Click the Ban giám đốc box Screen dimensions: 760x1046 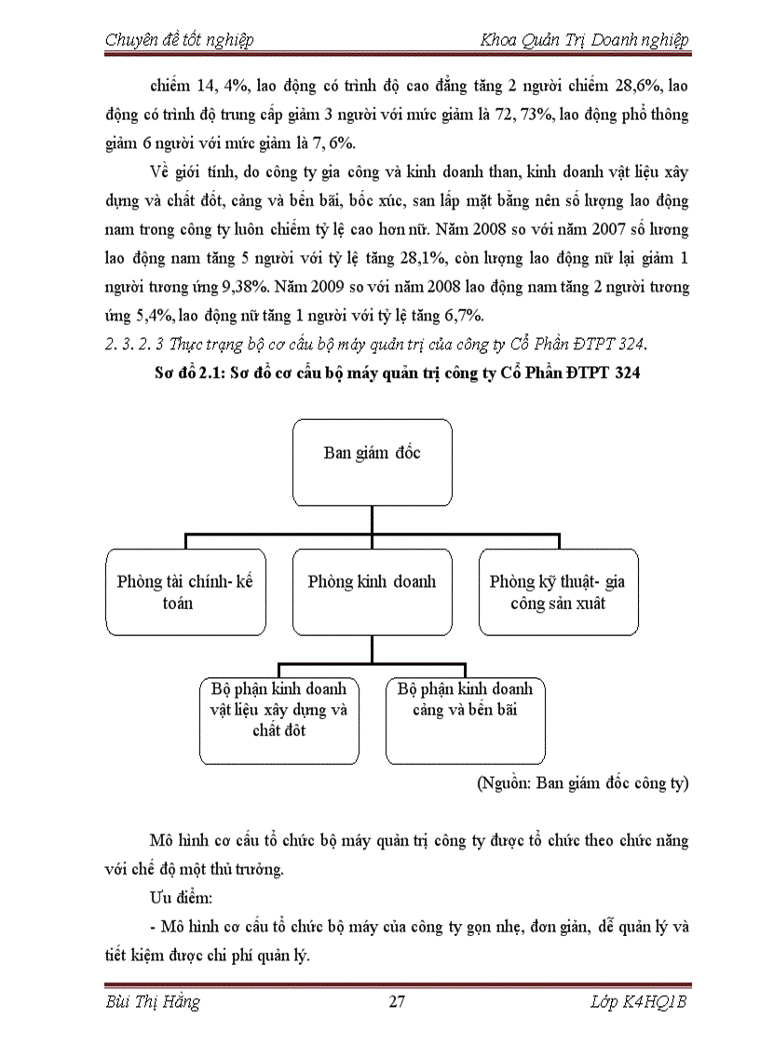pyautogui.click(x=372, y=462)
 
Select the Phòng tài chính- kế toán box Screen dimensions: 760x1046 pyautogui.click(x=185, y=591)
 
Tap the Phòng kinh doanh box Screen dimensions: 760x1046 pyautogui.click(x=372, y=591)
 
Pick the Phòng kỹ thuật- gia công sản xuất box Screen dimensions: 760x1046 pyautogui.click(x=558, y=591)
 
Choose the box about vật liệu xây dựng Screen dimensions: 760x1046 pyautogui.click(x=278, y=720)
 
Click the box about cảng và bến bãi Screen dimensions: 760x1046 pyautogui.click(x=465, y=720)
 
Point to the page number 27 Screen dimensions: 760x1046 pyautogui.click(x=396, y=1002)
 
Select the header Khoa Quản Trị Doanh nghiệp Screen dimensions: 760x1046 pyautogui.click(x=584, y=40)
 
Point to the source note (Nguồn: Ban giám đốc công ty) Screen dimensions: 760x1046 pyautogui.click(x=582, y=782)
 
